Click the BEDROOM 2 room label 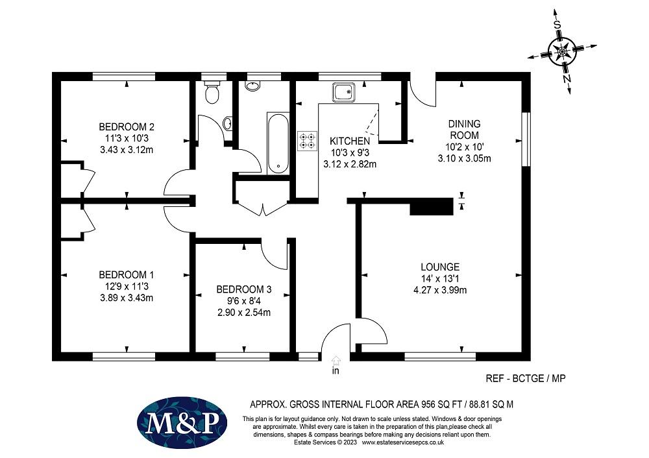coord(127,127)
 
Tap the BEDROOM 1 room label coord(127,274)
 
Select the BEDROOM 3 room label coord(244,289)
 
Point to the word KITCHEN coord(350,141)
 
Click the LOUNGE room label coord(440,267)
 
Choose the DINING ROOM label coord(465,130)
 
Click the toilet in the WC coord(212,92)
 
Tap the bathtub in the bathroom coord(278,143)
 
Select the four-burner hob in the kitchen coord(308,140)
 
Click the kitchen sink coord(344,92)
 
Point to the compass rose coord(563,52)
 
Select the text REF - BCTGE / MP coord(525,378)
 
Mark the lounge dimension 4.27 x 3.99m coord(440,290)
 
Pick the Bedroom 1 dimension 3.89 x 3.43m coord(127,298)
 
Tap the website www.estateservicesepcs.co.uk coord(403,442)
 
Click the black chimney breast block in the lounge coord(432,206)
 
